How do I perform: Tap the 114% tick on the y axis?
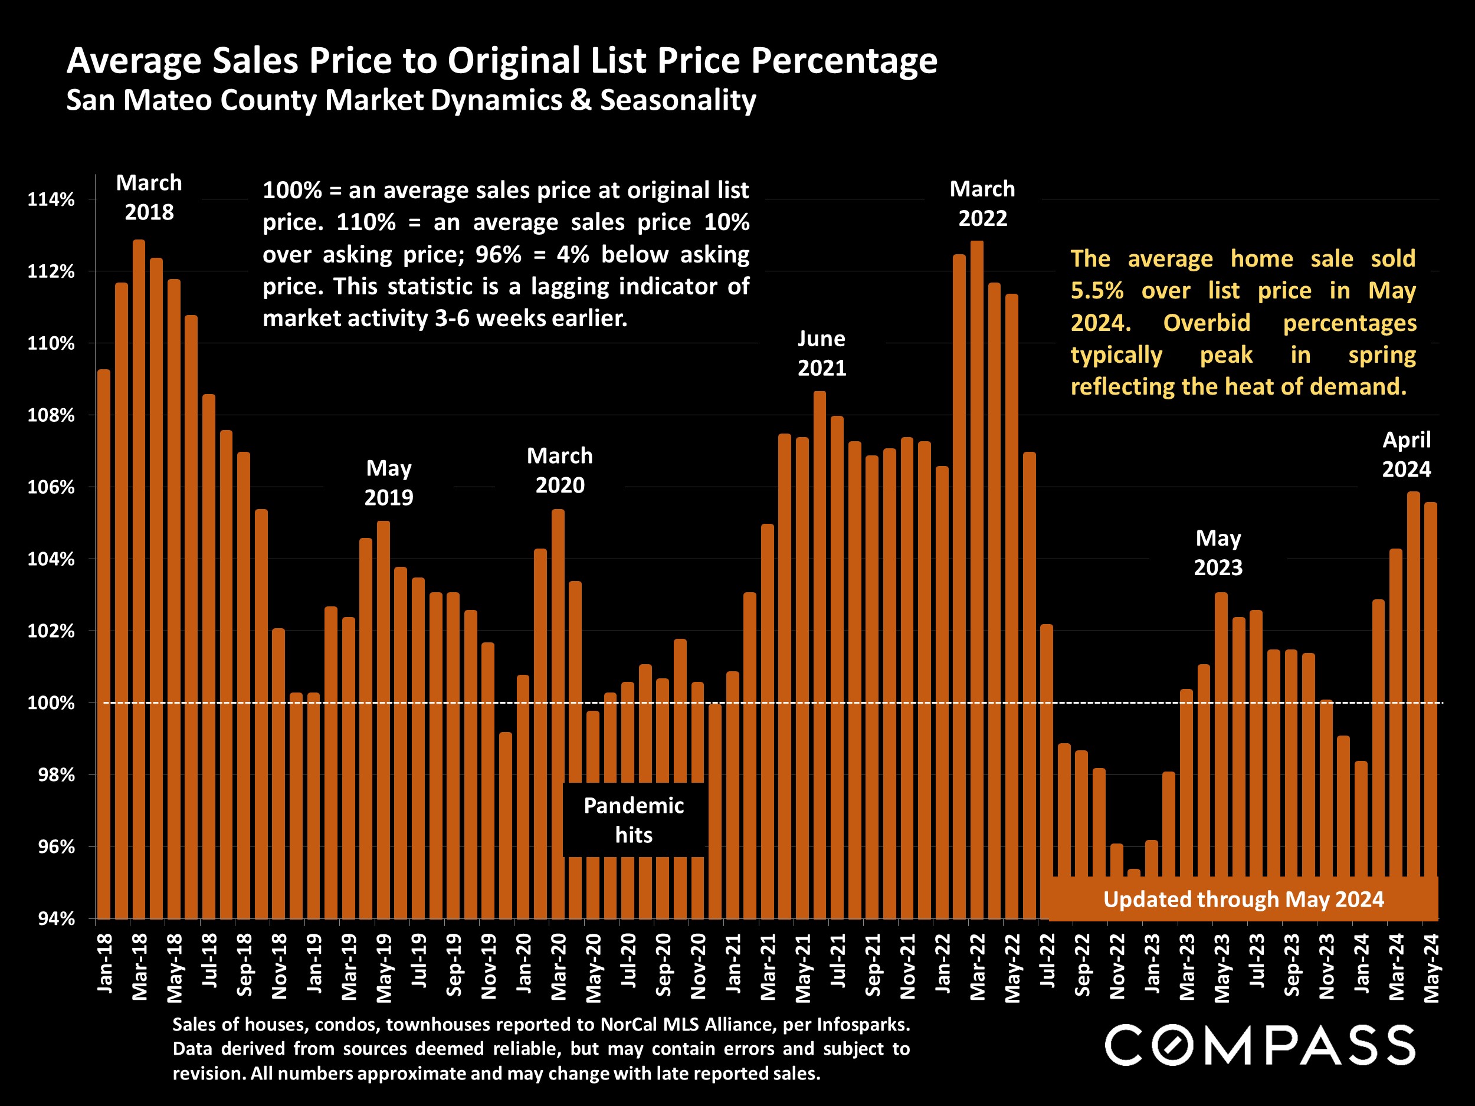point(51,199)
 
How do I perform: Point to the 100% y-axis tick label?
point(51,703)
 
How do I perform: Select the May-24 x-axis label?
point(1431,967)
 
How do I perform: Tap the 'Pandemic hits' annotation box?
point(634,820)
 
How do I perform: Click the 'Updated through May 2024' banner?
point(1244,900)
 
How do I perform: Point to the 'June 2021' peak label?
point(821,353)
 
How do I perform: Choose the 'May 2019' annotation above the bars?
point(389,483)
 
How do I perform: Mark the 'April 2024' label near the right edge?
point(1407,454)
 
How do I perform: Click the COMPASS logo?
point(1260,1045)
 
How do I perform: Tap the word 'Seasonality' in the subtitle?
point(677,100)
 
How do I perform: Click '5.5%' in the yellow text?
point(1097,291)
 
